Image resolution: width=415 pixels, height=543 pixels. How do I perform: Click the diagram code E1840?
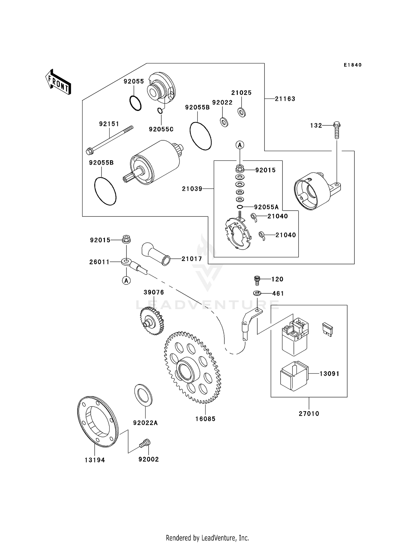point(352,65)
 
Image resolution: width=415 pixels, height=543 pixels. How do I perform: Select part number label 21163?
point(285,99)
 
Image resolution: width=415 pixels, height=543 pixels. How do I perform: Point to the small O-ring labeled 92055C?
point(160,111)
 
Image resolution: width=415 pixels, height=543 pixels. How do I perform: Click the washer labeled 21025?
point(242,112)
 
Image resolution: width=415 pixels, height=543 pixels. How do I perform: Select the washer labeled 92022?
point(224,122)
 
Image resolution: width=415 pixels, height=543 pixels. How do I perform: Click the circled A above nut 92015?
point(240,145)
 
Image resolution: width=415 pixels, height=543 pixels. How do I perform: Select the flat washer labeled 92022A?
point(143,395)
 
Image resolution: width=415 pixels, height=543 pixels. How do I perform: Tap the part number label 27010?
point(309,413)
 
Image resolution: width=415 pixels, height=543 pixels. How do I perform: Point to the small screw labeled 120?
point(257,280)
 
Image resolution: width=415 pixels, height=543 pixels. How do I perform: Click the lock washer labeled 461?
point(257,293)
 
